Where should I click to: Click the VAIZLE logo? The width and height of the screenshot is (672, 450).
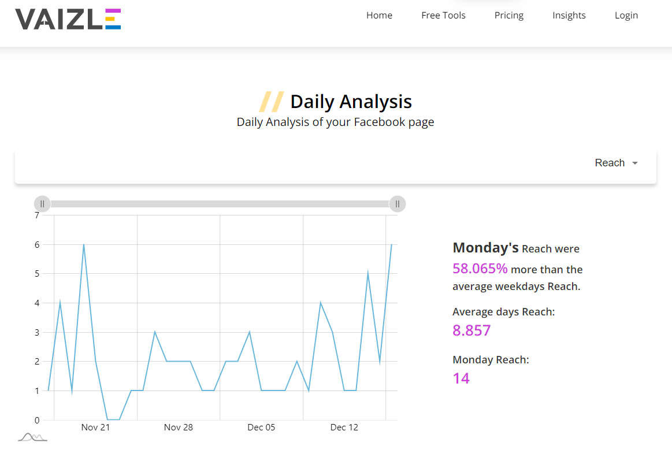pos(68,19)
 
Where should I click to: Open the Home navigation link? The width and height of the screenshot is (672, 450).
pos(379,16)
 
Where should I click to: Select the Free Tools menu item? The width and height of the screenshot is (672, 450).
pos(443,16)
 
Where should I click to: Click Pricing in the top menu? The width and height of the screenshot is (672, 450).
pos(509,16)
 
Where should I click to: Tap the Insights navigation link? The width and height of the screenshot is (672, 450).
pos(569,16)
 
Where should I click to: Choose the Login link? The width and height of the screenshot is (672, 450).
pos(626,16)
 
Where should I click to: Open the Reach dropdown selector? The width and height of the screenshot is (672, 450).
pos(616,163)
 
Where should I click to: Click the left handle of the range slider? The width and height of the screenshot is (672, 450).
pos(42,204)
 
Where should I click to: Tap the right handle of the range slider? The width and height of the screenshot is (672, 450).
pos(398,204)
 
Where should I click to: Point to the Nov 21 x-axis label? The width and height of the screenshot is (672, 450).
pos(95,427)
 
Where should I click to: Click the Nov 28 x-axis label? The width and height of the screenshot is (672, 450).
pos(179,427)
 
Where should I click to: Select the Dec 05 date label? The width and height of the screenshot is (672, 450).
pos(261,427)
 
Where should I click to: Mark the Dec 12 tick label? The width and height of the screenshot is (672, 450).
pos(344,427)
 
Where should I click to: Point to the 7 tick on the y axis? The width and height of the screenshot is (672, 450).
pos(37,215)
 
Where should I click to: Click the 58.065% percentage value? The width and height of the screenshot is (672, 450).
pos(480,269)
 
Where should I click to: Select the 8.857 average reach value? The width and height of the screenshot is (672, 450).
pos(471,330)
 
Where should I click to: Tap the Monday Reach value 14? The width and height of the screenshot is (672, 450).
pos(461,378)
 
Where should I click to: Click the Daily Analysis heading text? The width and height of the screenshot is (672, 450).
pos(351,102)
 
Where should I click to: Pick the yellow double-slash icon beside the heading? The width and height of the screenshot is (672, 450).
pos(271,102)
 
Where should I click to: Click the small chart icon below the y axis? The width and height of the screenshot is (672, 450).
pos(32,437)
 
